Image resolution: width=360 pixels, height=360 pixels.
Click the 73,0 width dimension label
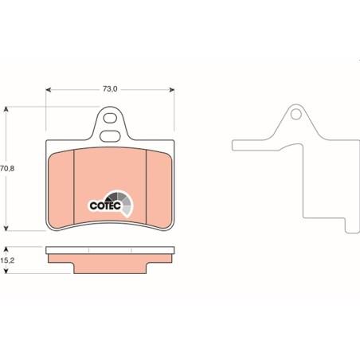(110, 89)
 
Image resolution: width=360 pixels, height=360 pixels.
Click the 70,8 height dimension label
(7, 168)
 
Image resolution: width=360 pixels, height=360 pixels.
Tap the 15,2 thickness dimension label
(7, 260)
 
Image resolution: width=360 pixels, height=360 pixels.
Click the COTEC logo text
(105, 205)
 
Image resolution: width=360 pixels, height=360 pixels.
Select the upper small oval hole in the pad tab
(110, 118)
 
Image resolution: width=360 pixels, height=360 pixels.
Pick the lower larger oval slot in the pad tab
(110, 136)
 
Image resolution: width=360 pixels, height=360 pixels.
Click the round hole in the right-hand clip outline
(295, 115)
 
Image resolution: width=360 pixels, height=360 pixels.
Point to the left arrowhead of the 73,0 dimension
(48, 90)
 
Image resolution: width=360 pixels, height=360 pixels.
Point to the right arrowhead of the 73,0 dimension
(172, 90)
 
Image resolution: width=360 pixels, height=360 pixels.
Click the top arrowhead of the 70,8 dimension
(6, 109)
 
